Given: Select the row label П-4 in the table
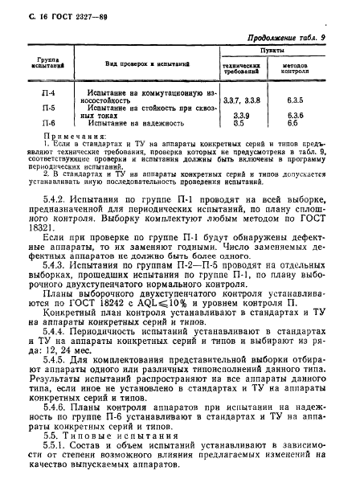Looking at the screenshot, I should click(48, 93).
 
